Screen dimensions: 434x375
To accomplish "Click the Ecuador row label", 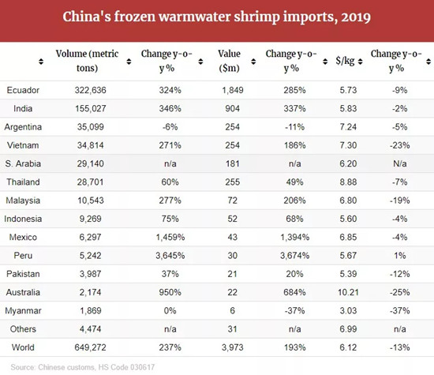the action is point(23,90).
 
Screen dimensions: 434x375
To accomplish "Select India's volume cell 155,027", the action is point(91,108).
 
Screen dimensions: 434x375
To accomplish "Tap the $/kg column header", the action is point(345,61).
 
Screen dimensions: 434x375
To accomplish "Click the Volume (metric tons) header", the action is point(87,61).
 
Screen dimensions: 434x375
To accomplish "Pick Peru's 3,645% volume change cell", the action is point(170,255).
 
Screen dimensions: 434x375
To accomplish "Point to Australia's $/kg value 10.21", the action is point(348,292).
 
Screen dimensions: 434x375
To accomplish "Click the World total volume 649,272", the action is point(90,347).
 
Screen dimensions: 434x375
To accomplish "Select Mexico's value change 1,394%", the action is point(294,237).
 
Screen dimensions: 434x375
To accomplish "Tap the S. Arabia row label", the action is point(23,163).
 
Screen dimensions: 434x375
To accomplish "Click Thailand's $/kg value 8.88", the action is point(348,182).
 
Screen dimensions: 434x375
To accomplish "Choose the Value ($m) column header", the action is point(229,61).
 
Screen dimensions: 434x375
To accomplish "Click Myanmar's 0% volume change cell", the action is point(170,310).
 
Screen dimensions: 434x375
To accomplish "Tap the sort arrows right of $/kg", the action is point(360,62).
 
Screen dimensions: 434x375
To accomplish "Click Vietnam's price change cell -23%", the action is point(400,145).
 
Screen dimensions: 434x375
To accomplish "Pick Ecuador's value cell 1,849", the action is point(233,90).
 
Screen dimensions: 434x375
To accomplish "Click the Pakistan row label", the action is point(23,274).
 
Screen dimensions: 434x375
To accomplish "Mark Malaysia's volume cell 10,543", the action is point(91,201).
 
